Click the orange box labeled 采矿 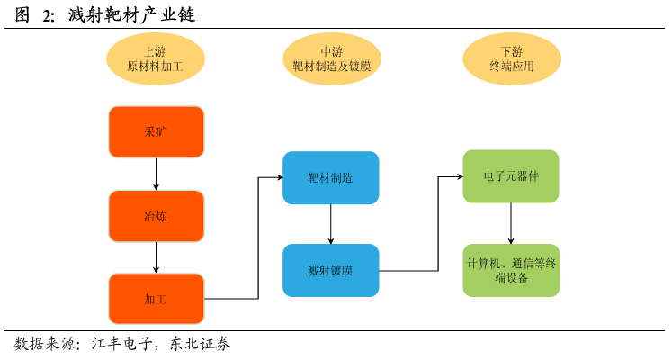click(x=156, y=132)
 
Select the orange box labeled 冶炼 click(x=156, y=216)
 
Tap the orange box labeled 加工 click(x=156, y=299)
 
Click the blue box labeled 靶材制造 click(x=330, y=177)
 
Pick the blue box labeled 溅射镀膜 click(x=330, y=269)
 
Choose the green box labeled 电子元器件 click(x=511, y=176)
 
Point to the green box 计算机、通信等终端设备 click(x=511, y=270)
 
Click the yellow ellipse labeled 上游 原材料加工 click(x=156, y=58)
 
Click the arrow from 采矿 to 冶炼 click(x=157, y=174)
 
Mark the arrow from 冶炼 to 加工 click(x=157, y=257)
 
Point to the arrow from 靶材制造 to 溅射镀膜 click(x=331, y=223)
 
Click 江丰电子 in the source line click(x=122, y=345)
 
